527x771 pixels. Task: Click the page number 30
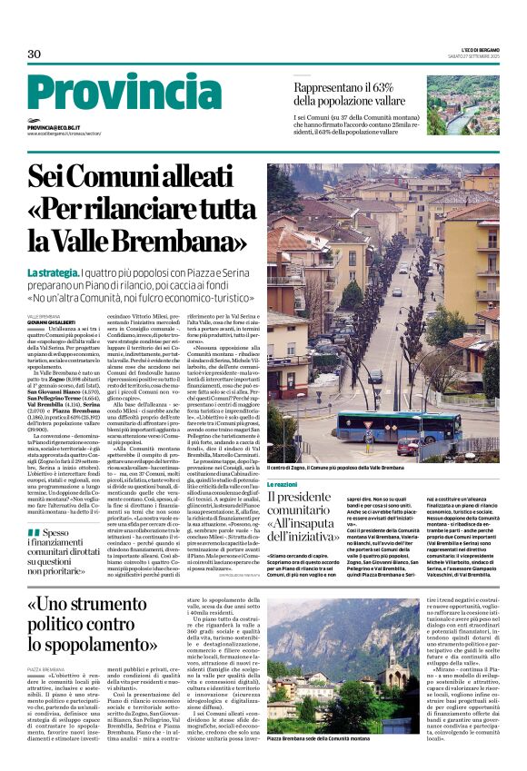coord(35,54)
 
